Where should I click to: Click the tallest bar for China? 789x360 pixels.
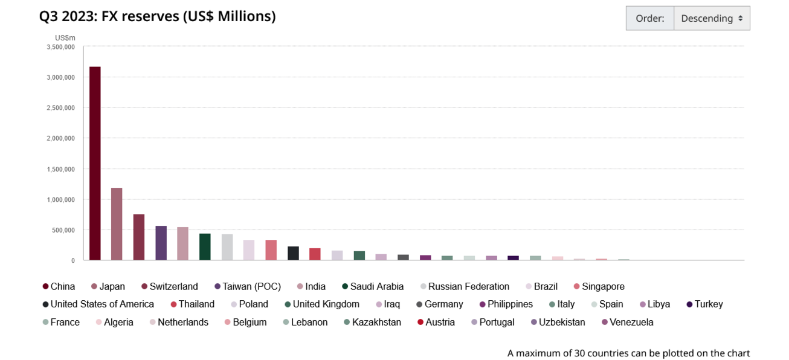[x=95, y=163]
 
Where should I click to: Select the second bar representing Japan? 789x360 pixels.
[x=117, y=224]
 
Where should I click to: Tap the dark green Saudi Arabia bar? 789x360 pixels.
[x=205, y=246]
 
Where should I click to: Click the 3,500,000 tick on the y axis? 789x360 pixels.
[x=60, y=47]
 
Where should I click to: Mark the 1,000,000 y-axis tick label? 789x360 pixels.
[x=60, y=199]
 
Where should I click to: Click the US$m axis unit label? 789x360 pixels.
[x=65, y=38]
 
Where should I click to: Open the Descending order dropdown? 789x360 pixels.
[x=711, y=19]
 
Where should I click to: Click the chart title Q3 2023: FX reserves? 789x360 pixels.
[x=157, y=17]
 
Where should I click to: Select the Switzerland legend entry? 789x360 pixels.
[x=173, y=286]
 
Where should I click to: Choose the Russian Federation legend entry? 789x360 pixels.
[x=468, y=286]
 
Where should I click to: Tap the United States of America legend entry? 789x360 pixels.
[x=102, y=304]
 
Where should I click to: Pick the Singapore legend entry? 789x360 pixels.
[x=603, y=286]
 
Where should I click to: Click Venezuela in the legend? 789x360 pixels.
[x=631, y=323]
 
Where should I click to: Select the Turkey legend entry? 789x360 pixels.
[x=709, y=304]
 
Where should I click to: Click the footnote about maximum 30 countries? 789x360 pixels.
[x=628, y=353]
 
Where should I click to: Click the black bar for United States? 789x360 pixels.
[x=293, y=253]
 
